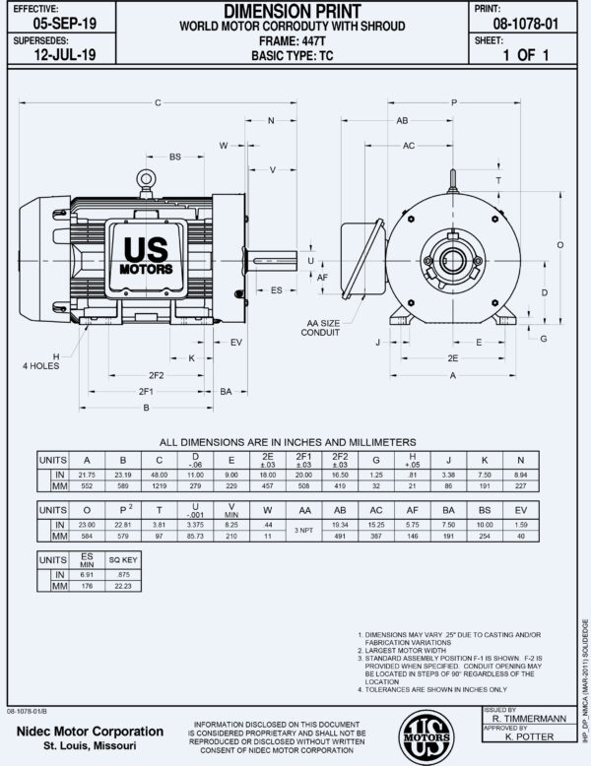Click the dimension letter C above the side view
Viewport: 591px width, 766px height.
tap(158, 102)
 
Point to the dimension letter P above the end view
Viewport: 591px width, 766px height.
tap(454, 102)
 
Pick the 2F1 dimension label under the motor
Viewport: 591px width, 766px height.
tap(145, 391)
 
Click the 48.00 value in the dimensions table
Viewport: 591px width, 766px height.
tap(160, 475)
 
